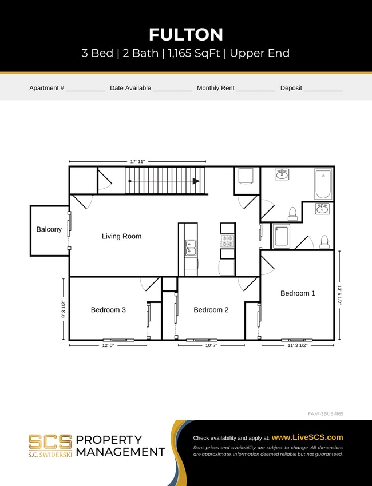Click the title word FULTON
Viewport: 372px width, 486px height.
[186, 34]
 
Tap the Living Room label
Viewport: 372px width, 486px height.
[121, 236]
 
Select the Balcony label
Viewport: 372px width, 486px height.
[49, 229]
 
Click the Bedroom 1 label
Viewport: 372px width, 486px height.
[298, 293]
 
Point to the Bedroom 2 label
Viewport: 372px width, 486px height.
[211, 310]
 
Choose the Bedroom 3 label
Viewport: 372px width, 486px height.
[108, 310]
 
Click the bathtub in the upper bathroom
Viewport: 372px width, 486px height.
[323, 183]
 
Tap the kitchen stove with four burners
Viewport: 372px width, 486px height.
[227, 241]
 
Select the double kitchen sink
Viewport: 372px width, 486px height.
[191, 247]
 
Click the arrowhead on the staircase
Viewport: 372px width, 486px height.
[196, 181]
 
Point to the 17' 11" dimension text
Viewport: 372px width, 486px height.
[137, 162]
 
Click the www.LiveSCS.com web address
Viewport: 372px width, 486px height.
[307, 437]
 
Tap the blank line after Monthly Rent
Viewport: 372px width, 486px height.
[255, 89]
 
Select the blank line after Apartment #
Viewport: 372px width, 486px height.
[85, 89]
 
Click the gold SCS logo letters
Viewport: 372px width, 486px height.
[50, 441]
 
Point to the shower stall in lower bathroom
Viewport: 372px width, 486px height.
[280, 236]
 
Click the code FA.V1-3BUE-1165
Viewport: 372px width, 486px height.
[325, 413]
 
